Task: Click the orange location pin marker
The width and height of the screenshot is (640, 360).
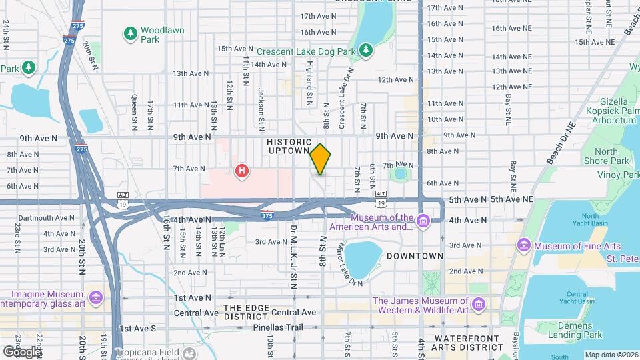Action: [x=321, y=159]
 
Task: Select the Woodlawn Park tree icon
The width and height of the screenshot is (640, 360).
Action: [x=131, y=32]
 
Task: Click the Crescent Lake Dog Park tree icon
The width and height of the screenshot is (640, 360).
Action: [x=365, y=50]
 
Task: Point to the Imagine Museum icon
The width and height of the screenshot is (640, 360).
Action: [x=95, y=297]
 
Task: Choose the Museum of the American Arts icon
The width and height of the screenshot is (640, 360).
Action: [x=423, y=221]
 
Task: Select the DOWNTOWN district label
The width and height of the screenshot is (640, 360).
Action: [x=415, y=256]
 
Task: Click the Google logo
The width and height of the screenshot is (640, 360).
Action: [x=22, y=351]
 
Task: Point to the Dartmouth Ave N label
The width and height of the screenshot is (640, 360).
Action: [x=47, y=218]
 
